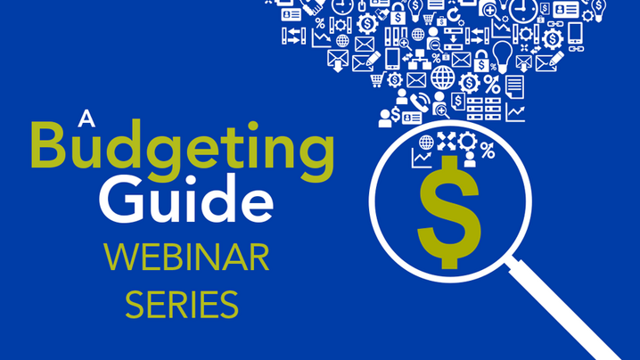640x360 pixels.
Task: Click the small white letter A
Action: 86,118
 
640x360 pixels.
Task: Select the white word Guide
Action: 186,199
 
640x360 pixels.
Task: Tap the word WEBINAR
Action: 186,258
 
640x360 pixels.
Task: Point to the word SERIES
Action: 182,305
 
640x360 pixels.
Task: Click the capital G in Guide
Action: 120,200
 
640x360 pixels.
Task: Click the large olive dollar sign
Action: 449,212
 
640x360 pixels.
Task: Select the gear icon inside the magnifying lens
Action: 467,141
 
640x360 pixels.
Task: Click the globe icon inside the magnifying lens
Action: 426,143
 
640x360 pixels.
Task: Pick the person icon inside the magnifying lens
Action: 470,160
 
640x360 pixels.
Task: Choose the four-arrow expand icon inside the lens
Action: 446,141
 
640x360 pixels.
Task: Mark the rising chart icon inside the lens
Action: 422,159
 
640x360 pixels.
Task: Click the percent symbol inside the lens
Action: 488,151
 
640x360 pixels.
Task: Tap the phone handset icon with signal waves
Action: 420,102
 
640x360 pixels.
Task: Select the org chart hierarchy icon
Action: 420,60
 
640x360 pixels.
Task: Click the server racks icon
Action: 484,109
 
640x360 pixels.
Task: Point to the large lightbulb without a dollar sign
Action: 502,57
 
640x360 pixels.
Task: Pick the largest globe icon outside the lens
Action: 443,78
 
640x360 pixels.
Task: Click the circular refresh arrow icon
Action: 453,15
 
